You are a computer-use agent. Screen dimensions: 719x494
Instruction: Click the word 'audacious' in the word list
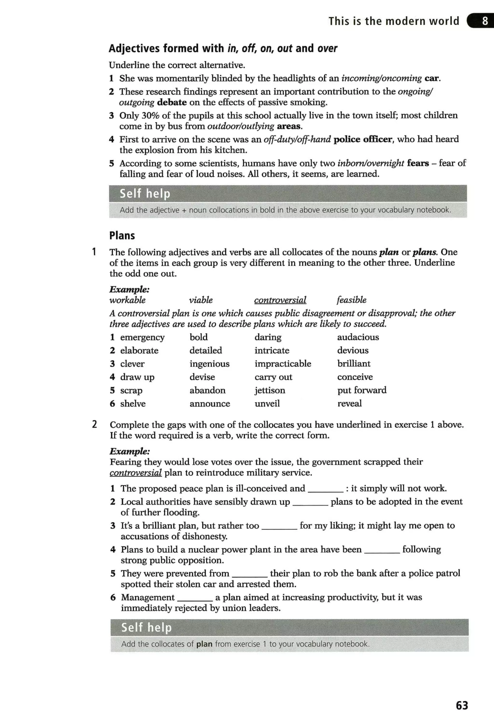pyautogui.click(x=358, y=337)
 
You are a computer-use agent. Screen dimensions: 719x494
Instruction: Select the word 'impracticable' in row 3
pyautogui.click(x=283, y=363)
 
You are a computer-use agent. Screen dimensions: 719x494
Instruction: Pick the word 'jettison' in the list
pyautogui.click(x=270, y=390)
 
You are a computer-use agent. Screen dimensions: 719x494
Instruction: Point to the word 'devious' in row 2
pyautogui.click(x=353, y=350)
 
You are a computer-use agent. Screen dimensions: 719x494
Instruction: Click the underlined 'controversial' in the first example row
pyautogui.click(x=280, y=300)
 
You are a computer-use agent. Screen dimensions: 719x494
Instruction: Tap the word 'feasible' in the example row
pyautogui.click(x=351, y=300)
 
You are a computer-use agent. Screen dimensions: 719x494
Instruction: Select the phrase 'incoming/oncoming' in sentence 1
pyautogui.click(x=381, y=78)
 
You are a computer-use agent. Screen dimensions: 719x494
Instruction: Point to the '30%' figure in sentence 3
pyautogui.click(x=151, y=116)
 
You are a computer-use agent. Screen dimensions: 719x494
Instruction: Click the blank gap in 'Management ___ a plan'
pyautogui.click(x=195, y=598)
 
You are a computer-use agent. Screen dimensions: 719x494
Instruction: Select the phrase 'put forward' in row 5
pyautogui.click(x=362, y=390)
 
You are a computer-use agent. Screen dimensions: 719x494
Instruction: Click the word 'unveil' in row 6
pyautogui.click(x=267, y=404)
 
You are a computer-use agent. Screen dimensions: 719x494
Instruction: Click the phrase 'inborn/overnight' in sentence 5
pyautogui.click(x=370, y=163)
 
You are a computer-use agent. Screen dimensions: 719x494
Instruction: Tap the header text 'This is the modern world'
pyautogui.click(x=394, y=21)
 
